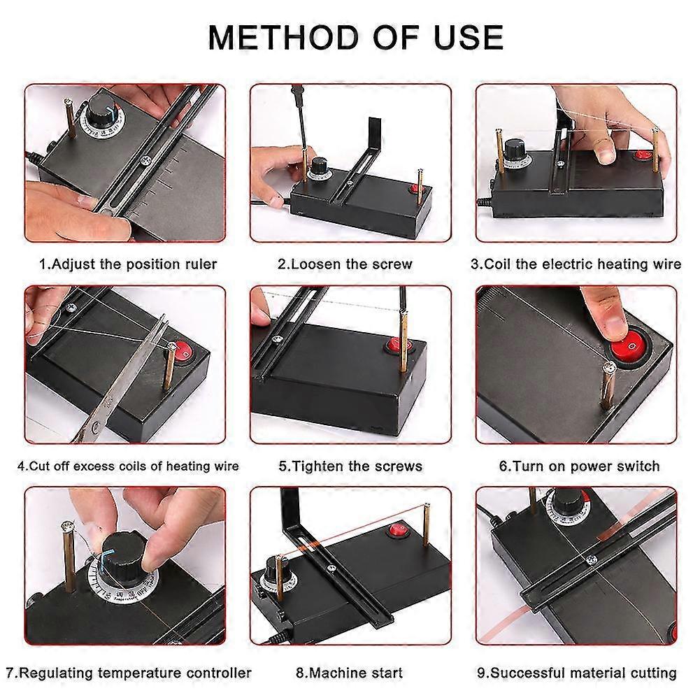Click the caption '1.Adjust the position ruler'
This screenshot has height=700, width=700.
[127, 264]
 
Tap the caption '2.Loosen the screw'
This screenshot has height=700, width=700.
[345, 264]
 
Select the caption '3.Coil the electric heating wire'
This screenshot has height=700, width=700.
[576, 264]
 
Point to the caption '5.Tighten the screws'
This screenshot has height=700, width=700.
[350, 466]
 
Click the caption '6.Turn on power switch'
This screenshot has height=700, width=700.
[579, 466]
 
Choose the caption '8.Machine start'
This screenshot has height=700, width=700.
[349, 673]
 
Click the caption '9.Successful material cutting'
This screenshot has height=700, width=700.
[577, 673]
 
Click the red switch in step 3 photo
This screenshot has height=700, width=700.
[643, 155]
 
